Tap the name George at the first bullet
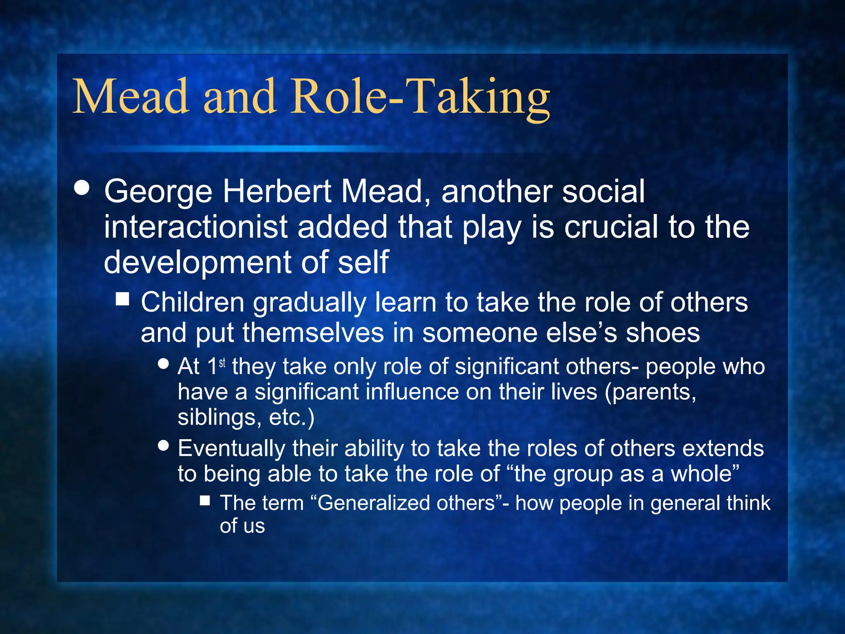158,192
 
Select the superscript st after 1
222,363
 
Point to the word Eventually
231,449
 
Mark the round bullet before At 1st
164,364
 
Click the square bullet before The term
205,501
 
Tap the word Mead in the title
131,98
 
